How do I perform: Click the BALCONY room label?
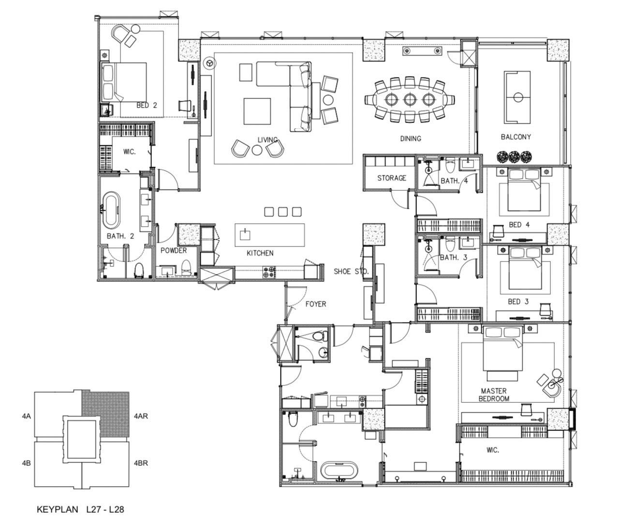(x=516, y=137)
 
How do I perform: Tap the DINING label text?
(x=411, y=138)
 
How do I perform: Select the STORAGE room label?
(x=392, y=178)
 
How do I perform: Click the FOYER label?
(x=316, y=304)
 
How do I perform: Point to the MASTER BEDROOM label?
(x=494, y=395)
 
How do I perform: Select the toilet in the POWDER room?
(x=186, y=267)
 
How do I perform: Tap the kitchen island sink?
(x=245, y=235)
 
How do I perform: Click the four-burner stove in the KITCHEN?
(x=269, y=273)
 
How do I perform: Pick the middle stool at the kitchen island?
(x=282, y=212)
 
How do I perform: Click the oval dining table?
(x=410, y=99)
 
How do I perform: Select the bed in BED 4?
(x=524, y=189)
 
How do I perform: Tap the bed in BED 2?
(x=124, y=82)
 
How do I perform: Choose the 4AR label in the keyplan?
(x=141, y=416)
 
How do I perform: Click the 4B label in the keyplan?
(x=26, y=463)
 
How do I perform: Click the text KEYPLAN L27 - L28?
(x=80, y=509)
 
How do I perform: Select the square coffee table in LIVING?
(x=257, y=111)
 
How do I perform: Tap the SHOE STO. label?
(x=351, y=271)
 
